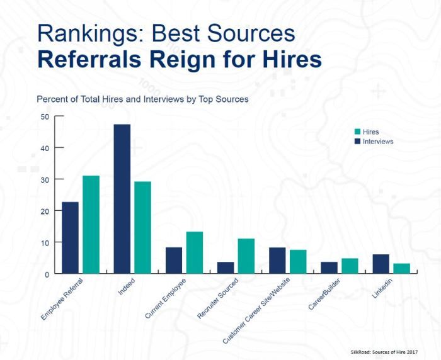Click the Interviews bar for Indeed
pyautogui.click(x=122, y=199)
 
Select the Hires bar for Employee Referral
pyautogui.click(x=91, y=225)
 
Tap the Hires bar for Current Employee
pyautogui.click(x=194, y=252)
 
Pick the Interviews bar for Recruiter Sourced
pyautogui.click(x=226, y=267)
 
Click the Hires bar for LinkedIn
pyautogui.click(x=401, y=268)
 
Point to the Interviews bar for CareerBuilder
pyautogui.click(x=329, y=267)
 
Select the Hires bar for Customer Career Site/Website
pyautogui.click(x=298, y=262)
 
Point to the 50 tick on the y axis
pyautogui.click(x=45, y=116)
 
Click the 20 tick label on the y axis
pyautogui.click(x=45, y=211)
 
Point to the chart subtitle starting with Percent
pyautogui.click(x=142, y=99)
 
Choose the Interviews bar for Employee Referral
pyautogui.click(x=70, y=238)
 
